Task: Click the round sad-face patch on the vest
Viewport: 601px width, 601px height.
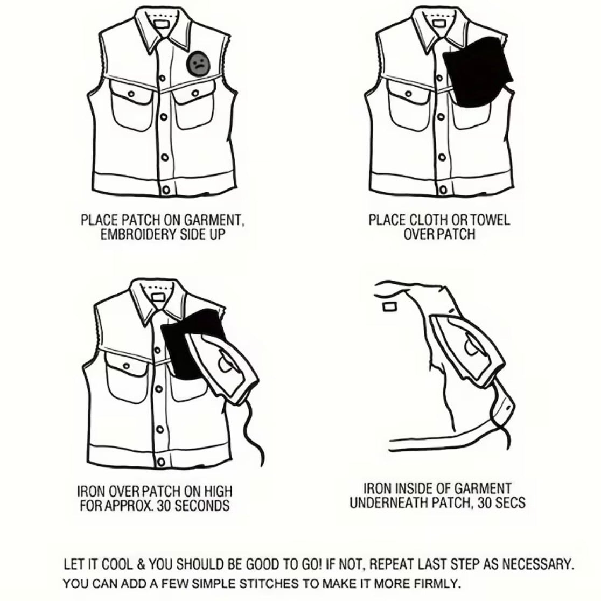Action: pos(198,63)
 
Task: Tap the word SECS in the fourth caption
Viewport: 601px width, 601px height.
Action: pos(510,502)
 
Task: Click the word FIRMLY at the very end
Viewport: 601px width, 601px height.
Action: pos(437,584)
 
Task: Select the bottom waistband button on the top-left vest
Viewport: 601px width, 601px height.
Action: pos(166,190)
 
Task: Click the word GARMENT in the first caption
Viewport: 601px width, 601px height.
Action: pos(213,220)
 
